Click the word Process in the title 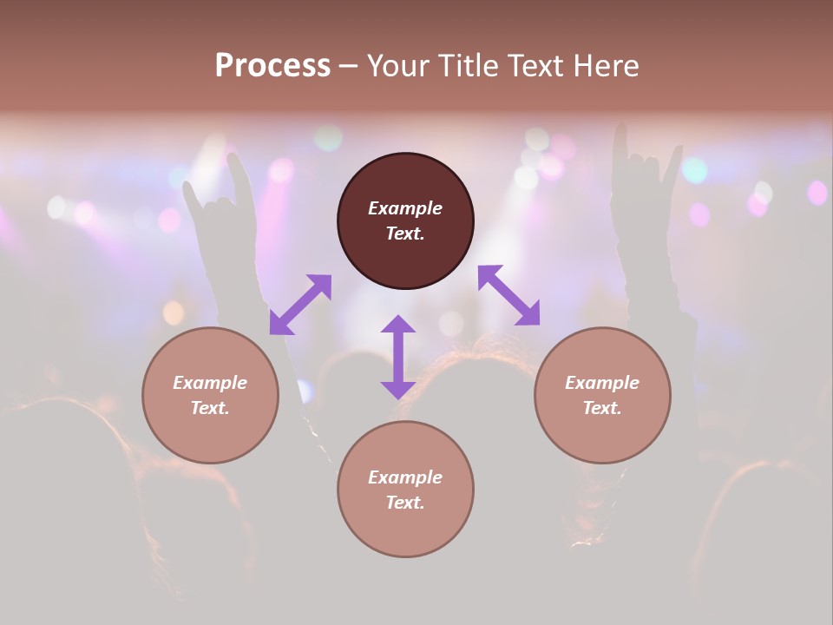(272, 65)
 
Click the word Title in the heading (469, 65)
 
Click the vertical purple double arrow (398, 357)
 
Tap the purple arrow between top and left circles (300, 304)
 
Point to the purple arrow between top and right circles (509, 295)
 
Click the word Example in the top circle (405, 208)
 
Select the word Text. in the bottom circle (405, 503)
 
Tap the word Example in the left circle (210, 383)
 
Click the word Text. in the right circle (602, 408)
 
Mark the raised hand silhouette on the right (642, 200)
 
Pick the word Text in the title (535, 65)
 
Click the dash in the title (348, 66)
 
